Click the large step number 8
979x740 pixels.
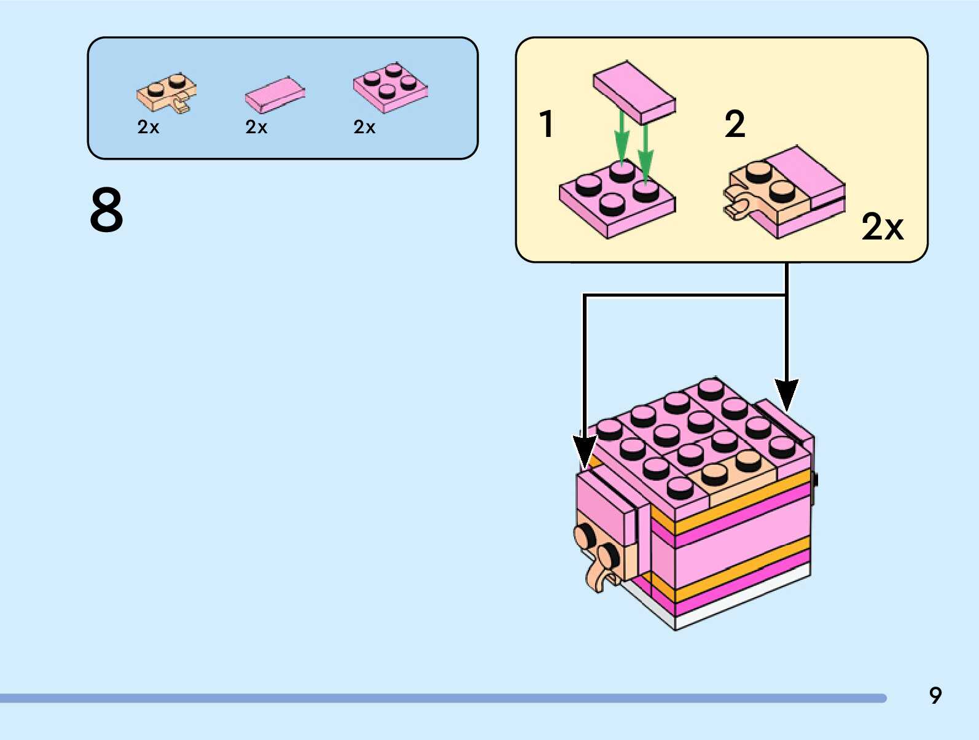(106, 210)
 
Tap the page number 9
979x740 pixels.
(935, 695)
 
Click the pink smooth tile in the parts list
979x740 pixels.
(275, 95)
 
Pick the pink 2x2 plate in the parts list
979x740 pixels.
(390, 88)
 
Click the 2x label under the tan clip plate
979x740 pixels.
(148, 127)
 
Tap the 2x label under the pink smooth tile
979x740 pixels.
(256, 127)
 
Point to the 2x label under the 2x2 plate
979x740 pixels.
(364, 127)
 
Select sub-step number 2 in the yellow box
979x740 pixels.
(735, 124)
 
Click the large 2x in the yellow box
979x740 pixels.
(882, 227)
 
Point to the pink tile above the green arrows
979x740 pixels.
(634, 92)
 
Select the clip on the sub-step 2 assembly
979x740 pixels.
(737, 206)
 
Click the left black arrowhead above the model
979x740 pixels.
(584, 451)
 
